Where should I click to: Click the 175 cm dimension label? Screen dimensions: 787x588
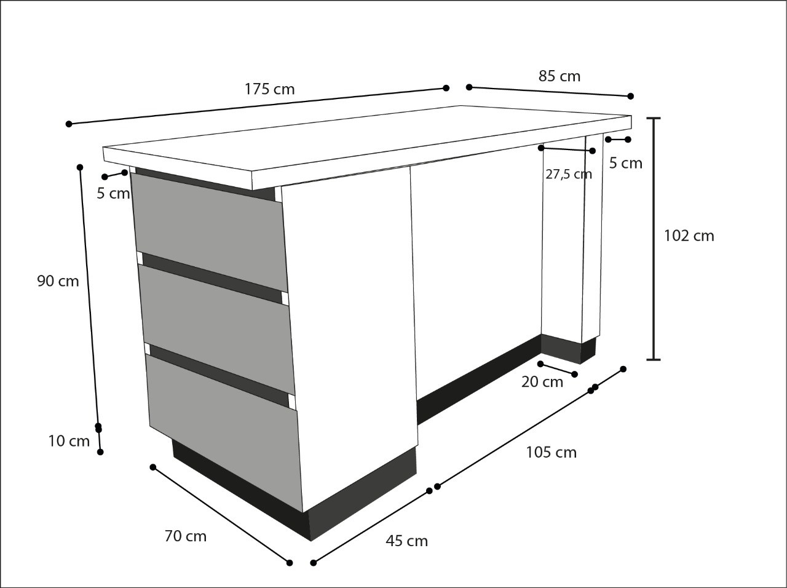pos(270,89)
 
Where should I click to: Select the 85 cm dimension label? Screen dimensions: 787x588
pos(560,76)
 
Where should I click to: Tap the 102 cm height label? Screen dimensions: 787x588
pos(689,236)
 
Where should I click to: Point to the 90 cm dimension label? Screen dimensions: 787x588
pos(58,281)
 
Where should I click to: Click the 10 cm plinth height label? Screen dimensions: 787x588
pos(69,441)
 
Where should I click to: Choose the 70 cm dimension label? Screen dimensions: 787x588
pos(186,536)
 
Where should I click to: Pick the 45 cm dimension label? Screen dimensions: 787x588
pos(407,541)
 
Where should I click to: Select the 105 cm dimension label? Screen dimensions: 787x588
pos(552,452)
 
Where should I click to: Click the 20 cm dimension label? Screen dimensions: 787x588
pos(542,382)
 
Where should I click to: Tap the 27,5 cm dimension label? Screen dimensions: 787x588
pos(569,174)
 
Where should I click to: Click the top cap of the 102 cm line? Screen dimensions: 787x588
pos(654,118)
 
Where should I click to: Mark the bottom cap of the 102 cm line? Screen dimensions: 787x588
pos(654,359)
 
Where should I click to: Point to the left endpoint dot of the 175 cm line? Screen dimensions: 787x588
pos(69,124)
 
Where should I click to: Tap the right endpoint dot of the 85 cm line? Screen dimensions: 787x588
pos(631,96)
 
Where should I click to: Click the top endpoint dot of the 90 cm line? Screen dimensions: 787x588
pos(80,167)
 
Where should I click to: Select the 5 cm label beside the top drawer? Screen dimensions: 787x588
pos(113,194)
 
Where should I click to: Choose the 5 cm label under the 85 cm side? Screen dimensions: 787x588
pos(626,164)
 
